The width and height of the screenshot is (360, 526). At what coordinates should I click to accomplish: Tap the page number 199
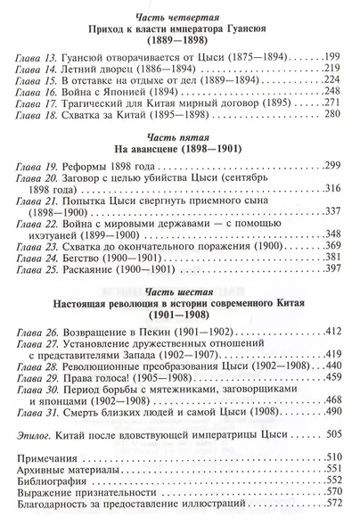pyautogui.click(x=332, y=55)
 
